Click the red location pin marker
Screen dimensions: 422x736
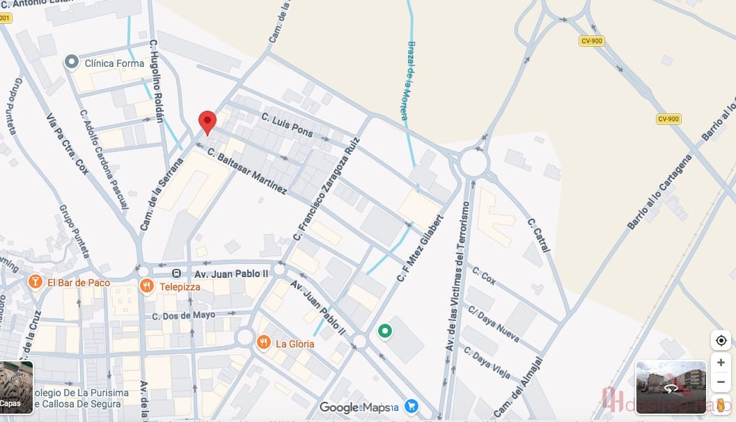tap(208, 123)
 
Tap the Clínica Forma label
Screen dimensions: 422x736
tap(114, 63)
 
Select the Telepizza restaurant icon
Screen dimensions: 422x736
tap(146, 286)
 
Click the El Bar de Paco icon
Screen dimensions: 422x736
tap(34, 282)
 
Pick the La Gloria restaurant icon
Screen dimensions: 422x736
tap(263, 343)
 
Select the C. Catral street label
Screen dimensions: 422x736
tap(538, 235)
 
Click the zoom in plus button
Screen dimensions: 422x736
tap(721, 363)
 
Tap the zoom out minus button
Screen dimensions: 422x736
tap(721, 382)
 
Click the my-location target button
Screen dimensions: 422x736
tap(721, 341)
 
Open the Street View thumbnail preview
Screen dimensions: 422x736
tap(671, 387)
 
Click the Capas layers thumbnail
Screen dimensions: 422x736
tap(16, 387)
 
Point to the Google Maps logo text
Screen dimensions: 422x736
tap(354, 407)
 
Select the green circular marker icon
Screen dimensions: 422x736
tap(384, 331)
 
